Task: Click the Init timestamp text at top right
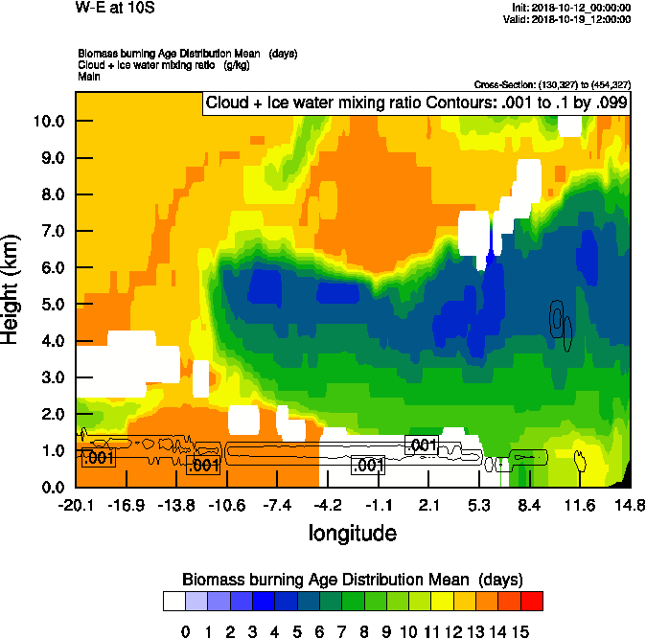pos(572,7)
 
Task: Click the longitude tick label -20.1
pos(76,505)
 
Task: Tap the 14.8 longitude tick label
pos(630,505)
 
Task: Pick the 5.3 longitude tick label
pos(480,505)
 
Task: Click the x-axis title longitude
pos(352,532)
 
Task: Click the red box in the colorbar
pos(531,601)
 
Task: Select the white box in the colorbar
pos(174,601)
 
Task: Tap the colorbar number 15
pos(519,631)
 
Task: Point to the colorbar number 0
pos(186,631)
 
